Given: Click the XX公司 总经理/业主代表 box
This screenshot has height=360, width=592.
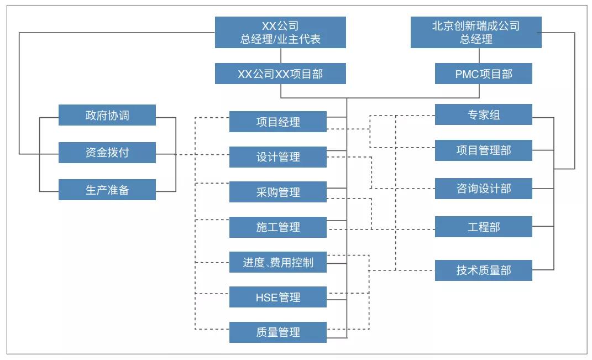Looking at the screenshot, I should click(280, 32).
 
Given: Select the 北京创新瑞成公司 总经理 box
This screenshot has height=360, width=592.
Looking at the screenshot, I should click(476, 32).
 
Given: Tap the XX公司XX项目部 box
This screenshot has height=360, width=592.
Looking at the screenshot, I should click(280, 74).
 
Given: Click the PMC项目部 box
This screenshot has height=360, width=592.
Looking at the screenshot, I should click(483, 74).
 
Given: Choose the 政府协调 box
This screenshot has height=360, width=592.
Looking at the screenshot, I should click(107, 115).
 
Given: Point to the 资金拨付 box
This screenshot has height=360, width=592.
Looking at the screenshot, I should click(107, 153).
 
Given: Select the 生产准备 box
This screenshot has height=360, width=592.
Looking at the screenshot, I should click(107, 190).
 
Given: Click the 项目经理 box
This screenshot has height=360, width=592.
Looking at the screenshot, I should click(277, 122).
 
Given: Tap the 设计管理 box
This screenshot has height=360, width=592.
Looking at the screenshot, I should click(277, 157).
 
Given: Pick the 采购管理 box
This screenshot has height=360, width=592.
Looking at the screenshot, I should click(277, 192).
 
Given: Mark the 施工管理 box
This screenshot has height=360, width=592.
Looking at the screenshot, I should click(277, 227).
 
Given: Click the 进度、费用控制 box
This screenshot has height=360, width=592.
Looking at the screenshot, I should click(277, 262).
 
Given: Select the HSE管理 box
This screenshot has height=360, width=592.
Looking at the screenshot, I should click(277, 297).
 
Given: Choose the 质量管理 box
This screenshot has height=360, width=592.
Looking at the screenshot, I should click(277, 332).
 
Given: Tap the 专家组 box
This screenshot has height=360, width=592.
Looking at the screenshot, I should click(483, 114).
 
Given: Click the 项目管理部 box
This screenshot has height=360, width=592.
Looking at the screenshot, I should click(483, 150).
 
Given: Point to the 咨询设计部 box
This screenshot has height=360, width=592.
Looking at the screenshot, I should click(483, 189).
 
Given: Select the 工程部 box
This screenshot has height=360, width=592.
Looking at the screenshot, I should click(483, 227).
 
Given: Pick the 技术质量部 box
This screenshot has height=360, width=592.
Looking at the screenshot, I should click(483, 270).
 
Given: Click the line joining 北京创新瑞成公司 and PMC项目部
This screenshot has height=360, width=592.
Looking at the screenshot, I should click(479, 55).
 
